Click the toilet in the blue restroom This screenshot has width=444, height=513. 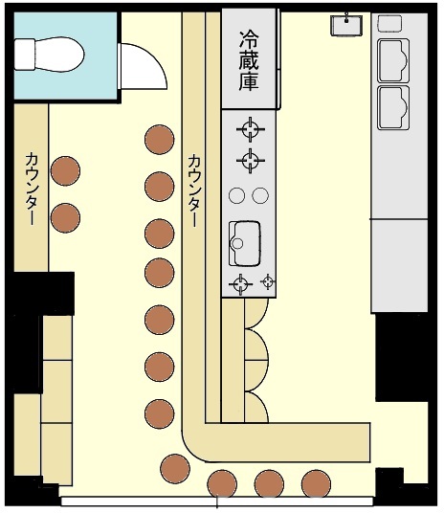49,54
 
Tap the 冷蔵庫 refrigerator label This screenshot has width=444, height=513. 249,61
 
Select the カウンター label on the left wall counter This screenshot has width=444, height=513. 32,189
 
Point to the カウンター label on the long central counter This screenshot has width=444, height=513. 194,190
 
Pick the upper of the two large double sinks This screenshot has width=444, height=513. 393,60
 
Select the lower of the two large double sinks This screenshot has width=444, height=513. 393,107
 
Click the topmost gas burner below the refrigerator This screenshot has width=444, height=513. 251,129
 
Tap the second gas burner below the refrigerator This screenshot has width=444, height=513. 251,161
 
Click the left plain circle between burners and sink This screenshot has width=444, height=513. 237,195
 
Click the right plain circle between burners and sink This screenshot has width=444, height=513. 260,195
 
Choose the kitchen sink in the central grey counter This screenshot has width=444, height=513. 244,243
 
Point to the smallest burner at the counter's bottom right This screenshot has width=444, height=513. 268,281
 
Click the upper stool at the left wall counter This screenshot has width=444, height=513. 65,170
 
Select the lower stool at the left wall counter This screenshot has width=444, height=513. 65,218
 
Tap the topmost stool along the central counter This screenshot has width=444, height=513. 160,140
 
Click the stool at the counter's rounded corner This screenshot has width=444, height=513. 175,469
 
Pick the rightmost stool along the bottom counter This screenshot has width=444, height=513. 316,484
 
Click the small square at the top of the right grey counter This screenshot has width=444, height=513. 389,24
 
